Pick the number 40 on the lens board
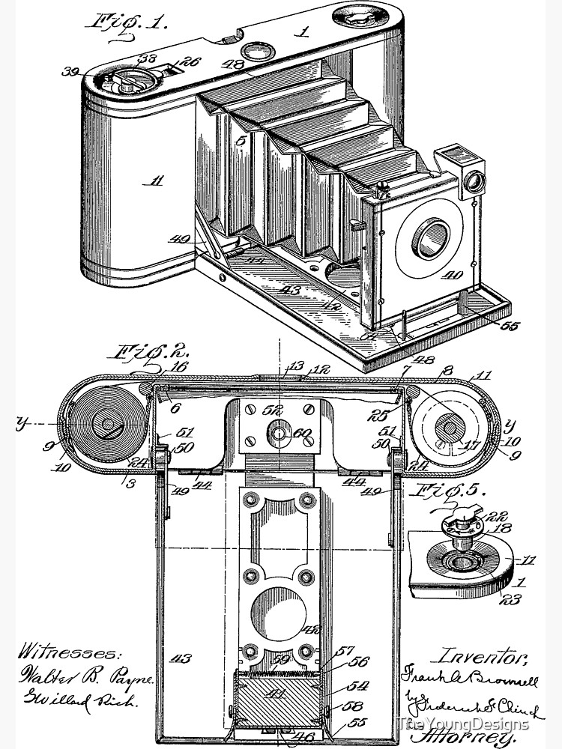click(452, 276)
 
